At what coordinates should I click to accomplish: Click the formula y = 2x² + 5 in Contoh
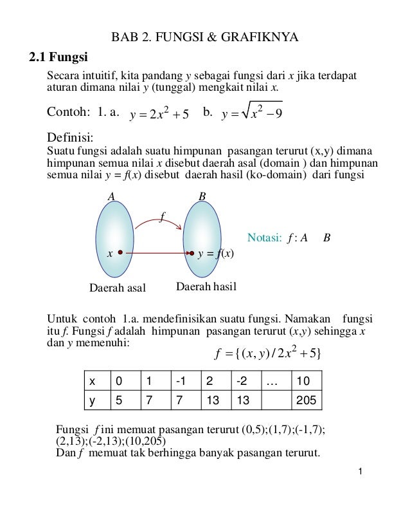(x=159, y=115)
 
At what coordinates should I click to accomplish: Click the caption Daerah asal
(x=117, y=287)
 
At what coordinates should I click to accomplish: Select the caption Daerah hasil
(x=206, y=286)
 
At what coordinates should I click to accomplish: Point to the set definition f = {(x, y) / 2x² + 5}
(x=271, y=353)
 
